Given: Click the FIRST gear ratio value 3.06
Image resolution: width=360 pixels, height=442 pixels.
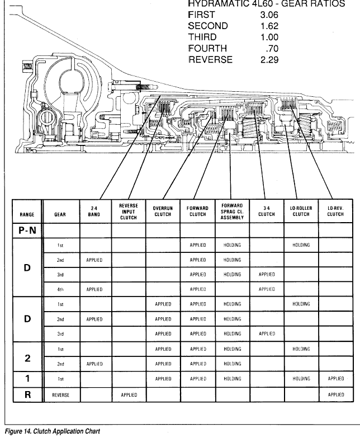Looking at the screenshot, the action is pyautogui.click(x=269, y=15).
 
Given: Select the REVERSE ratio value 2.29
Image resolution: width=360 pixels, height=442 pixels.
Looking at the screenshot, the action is pyautogui.click(x=269, y=60).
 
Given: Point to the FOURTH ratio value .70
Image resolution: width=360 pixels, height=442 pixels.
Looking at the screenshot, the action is pyautogui.click(x=272, y=49).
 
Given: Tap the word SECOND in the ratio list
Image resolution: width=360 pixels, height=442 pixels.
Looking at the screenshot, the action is pyautogui.click(x=208, y=26).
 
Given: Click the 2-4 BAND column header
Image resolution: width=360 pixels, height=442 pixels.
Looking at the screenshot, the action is pyautogui.click(x=94, y=211).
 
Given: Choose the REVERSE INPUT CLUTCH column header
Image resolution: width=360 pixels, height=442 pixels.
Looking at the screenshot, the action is pyautogui.click(x=129, y=211).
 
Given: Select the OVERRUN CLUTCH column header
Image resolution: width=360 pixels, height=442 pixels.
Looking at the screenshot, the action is pyautogui.click(x=163, y=211).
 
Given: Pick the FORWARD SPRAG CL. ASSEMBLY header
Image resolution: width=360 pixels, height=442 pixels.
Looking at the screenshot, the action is pyautogui.click(x=232, y=211).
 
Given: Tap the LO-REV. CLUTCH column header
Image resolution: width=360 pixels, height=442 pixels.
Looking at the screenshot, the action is pyautogui.click(x=335, y=211).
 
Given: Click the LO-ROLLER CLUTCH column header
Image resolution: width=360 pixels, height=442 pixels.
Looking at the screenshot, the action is pyautogui.click(x=301, y=211).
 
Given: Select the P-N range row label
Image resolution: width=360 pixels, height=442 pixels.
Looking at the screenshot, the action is pyautogui.click(x=27, y=231).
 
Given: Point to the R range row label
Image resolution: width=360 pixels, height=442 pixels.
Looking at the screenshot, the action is pyautogui.click(x=27, y=394).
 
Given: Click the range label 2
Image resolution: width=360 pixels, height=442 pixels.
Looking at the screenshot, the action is pyautogui.click(x=27, y=358).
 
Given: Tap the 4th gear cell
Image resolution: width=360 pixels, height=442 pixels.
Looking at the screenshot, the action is pyautogui.click(x=60, y=289).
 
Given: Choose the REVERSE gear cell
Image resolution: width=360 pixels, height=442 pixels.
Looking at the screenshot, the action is pyautogui.click(x=60, y=395).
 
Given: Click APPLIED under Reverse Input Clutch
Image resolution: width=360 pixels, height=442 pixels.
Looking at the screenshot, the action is pyautogui.click(x=129, y=395).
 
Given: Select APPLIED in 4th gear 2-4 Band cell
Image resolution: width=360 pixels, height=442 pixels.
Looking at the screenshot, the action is pyautogui.click(x=94, y=289).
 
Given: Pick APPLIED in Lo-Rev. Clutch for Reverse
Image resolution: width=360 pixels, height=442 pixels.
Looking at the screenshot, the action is pyautogui.click(x=336, y=394).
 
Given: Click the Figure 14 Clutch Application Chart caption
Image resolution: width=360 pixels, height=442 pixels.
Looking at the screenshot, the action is pyautogui.click(x=53, y=431).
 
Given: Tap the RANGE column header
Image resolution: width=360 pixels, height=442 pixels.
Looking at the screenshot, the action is pyautogui.click(x=27, y=214).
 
